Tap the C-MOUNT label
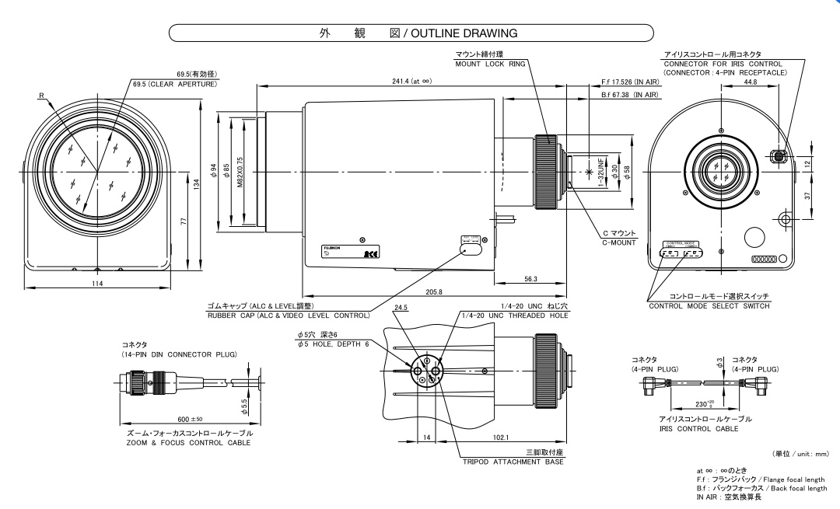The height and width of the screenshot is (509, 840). point(619,242)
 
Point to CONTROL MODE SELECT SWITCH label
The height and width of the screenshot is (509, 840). point(709,306)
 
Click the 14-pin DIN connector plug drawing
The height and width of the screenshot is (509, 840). point(152,382)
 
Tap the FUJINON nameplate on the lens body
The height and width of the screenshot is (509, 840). point(332,247)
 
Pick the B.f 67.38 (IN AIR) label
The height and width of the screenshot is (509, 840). point(630,94)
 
